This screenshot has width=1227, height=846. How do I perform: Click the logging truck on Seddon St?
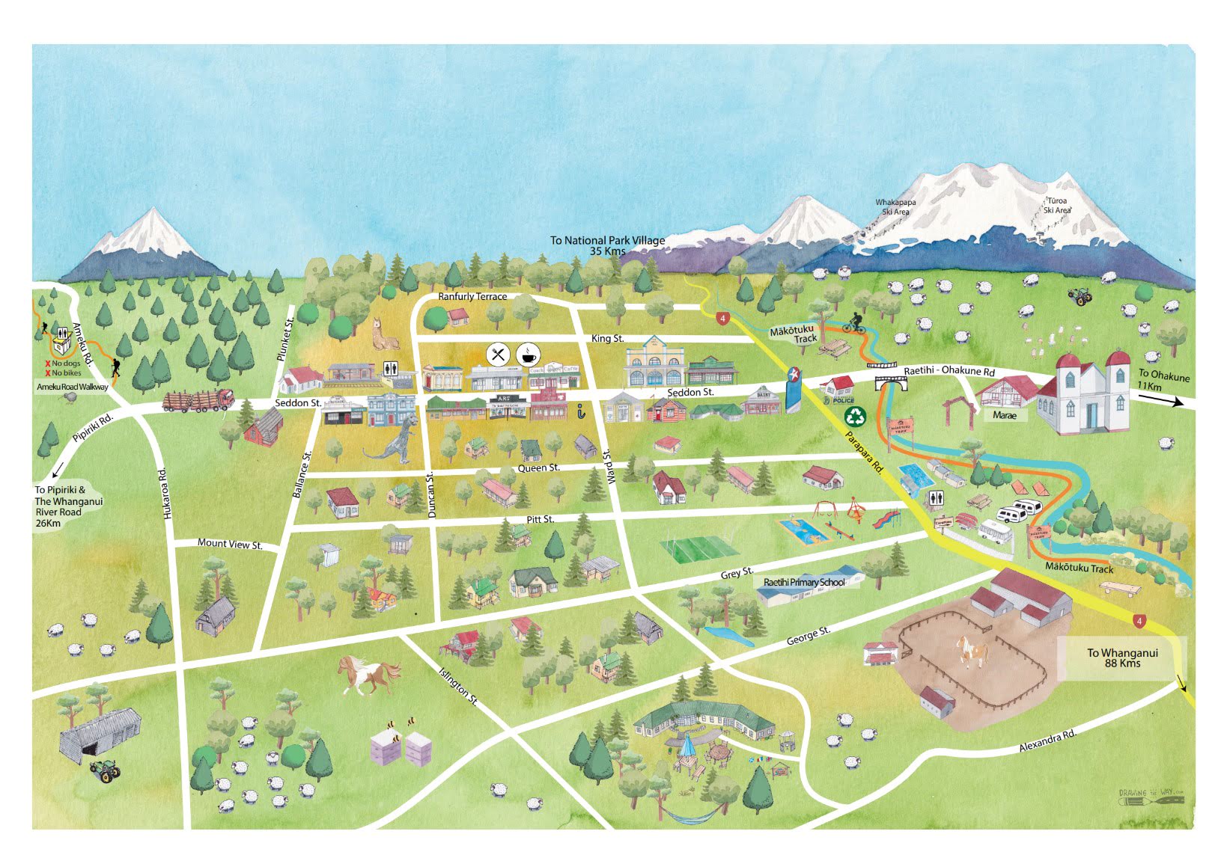pyautogui.click(x=198, y=401)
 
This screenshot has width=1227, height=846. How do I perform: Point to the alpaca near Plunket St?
pyautogui.click(x=386, y=334)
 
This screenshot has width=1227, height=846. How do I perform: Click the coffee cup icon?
pyautogui.click(x=528, y=355)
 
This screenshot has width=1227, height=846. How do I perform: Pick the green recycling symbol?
pyautogui.click(x=854, y=415)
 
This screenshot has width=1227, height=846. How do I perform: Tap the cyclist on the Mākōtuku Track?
pyautogui.click(x=855, y=325)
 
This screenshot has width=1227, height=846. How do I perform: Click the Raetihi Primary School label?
pyautogui.click(x=804, y=582)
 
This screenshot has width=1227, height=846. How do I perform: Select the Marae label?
pyautogui.click(x=1005, y=415)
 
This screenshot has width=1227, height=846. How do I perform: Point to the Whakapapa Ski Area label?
pyautogui.click(x=895, y=206)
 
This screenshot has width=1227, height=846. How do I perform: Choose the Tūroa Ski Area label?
pyautogui.click(x=1057, y=205)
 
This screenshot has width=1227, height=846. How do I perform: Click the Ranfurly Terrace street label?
pyautogui.click(x=472, y=296)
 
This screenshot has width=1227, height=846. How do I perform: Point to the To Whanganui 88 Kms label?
pyautogui.click(x=1122, y=658)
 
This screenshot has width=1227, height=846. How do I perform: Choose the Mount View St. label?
pyautogui.click(x=230, y=544)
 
